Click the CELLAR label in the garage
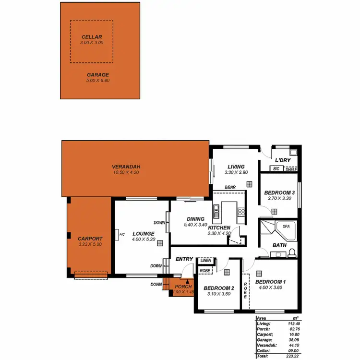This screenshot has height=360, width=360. click(92, 36)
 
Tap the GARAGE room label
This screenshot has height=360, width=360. click(98, 75)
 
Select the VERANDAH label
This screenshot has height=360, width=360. click(126, 167)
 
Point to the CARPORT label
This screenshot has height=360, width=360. click(90, 238)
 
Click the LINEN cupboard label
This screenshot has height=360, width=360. click(205, 260)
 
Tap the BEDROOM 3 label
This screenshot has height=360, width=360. click(279, 193)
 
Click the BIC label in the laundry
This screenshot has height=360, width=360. click(276, 169)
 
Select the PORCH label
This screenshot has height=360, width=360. click(184, 287)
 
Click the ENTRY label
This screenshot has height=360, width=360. click(184, 259)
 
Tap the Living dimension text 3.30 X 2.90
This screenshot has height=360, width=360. click(236, 172)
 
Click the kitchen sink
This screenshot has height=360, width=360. click(216, 209)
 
